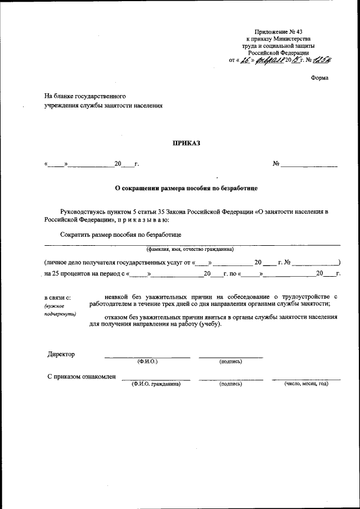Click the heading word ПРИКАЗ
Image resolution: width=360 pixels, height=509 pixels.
click(x=186, y=143)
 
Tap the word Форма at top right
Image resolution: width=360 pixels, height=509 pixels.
click(x=319, y=78)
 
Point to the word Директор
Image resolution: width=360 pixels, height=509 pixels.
click(x=61, y=354)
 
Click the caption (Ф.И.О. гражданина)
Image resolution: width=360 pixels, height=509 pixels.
click(x=156, y=384)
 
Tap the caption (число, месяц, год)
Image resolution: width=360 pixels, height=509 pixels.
click(x=306, y=384)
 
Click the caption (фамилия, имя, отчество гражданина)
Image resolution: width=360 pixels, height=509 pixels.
click(x=190, y=249)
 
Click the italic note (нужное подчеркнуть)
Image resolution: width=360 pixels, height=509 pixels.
click(x=60, y=310)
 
